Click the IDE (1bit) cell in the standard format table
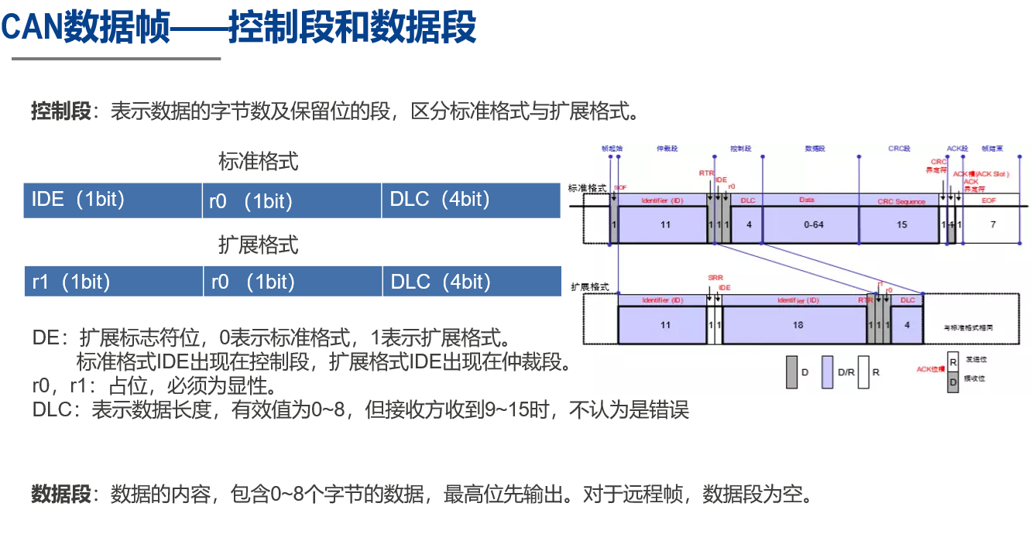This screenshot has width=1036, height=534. click(x=112, y=200)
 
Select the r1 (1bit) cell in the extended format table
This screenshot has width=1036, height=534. click(x=113, y=282)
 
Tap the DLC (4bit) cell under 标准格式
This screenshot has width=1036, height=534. click(x=471, y=200)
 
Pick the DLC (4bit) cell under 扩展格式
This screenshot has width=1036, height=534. click(x=471, y=282)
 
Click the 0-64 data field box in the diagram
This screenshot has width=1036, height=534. click(x=814, y=224)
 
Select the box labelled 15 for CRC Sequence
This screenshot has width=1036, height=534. click(x=901, y=224)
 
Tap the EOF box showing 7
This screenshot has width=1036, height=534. click(x=993, y=224)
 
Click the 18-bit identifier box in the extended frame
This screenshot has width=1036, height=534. click(x=798, y=325)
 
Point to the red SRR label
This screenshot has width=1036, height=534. click(x=715, y=277)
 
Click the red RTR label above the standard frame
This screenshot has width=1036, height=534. click(x=706, y=173)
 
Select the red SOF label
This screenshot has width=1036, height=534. click(x=620, y=188)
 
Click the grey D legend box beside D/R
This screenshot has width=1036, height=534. click(x=792, y=371)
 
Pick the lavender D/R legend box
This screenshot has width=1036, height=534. click(x=827, y=371)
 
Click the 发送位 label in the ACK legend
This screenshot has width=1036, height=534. click(x=976, y=360)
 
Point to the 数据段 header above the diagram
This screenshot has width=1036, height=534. click(x=814, y=147)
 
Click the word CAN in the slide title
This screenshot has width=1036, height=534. click(x=31, y=28)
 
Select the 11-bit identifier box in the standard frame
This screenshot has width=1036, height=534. click(x=665, y=224)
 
